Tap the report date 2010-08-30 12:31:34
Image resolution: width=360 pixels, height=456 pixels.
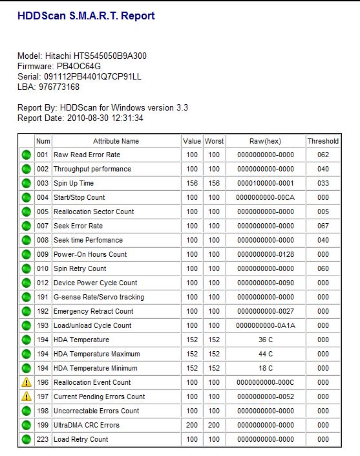tap(105, 118)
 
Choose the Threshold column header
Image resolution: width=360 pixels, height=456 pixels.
tap(323, 141)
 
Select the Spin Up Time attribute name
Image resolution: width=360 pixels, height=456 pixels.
tap(74, 183)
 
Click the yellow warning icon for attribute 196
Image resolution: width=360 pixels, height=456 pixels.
tap(26, 382)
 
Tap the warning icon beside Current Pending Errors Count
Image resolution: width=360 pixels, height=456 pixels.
tap(26, 396)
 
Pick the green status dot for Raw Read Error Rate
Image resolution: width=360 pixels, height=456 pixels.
tap(26, 155)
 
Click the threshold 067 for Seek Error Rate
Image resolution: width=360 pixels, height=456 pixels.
tap(323, 226)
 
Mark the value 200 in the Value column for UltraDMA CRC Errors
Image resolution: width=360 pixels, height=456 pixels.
tap(192, 425)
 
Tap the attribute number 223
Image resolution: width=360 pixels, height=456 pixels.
tap(43, 439)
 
